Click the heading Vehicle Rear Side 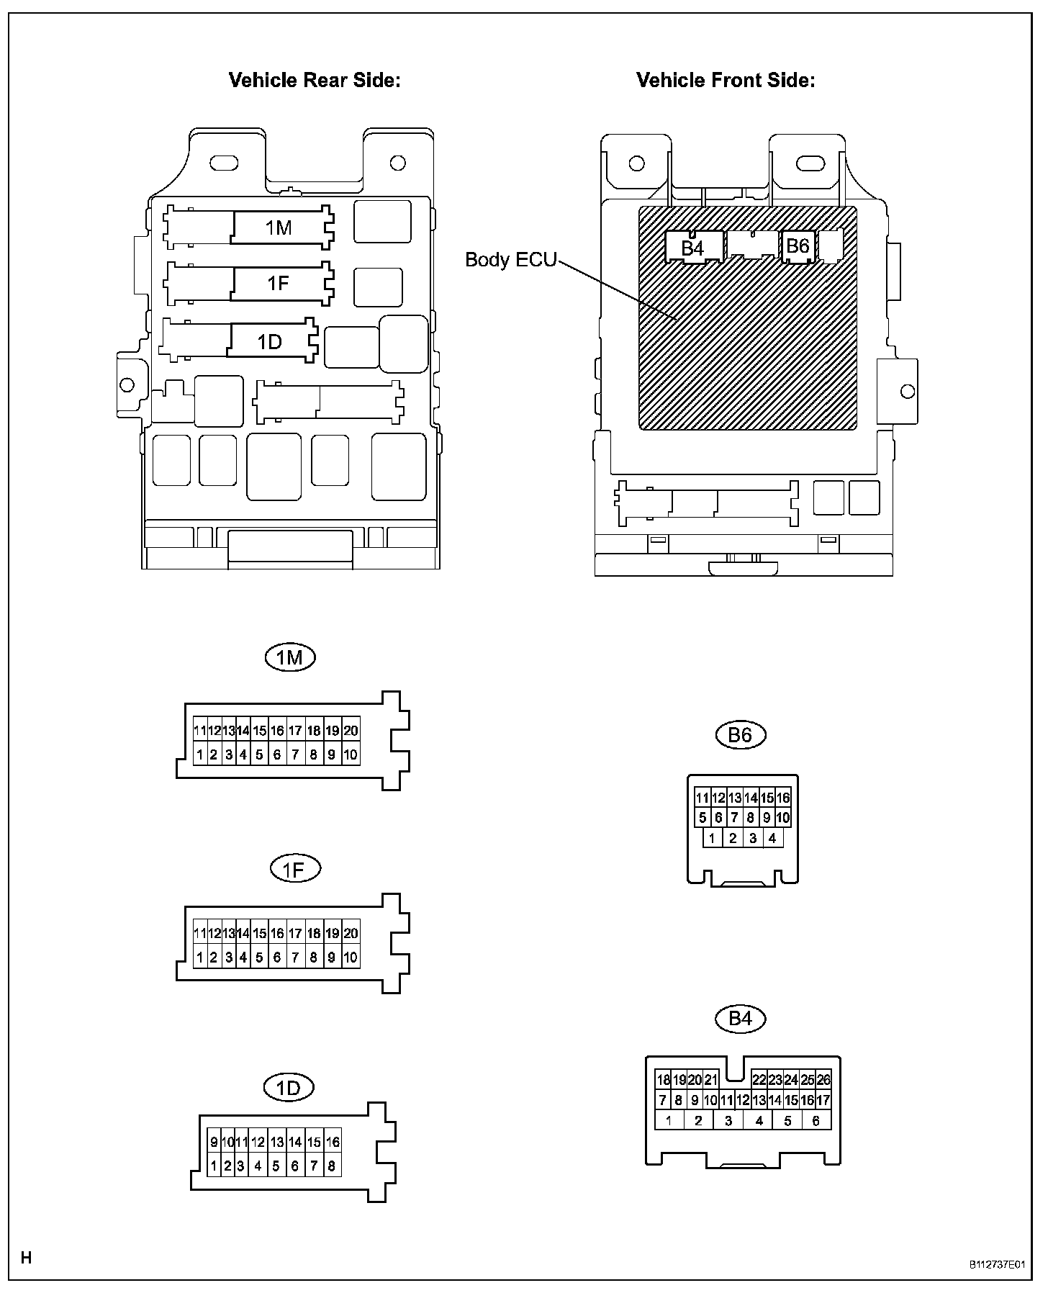[314, 80]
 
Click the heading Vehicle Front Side [726, 80]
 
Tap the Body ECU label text [510, 259]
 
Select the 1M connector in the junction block [279, 227]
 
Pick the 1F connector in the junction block [279, 283]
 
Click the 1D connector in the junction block [270, 341]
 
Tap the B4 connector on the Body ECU [692, 248]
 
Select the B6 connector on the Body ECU [798, 246]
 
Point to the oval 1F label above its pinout [294, 869]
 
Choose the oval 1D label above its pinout [289, 1087]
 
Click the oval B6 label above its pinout [740, 734]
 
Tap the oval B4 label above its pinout [740, 1018]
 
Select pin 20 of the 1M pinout [351, 731]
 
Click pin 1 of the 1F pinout [200, 958]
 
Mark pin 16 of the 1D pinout [333, 1142]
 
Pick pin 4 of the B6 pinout [772, 838]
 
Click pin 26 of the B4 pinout [823, 1080]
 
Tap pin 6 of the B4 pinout [816, 1120]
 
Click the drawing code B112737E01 [995, 1263]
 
